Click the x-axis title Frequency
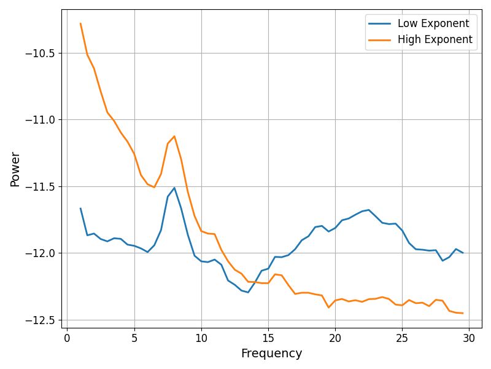[x=271, y=354]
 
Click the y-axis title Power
[x=15, y=169]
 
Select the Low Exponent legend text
[x=433, y=24]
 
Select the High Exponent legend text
[x=435, y=40]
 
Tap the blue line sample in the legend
[x=380, y=24]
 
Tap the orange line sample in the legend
[x=380, y=40]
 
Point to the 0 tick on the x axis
[x=68, y=338]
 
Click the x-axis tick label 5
[x=134, y=338]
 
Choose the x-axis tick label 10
[x=201, y=338]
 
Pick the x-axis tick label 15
[x=268, y=338]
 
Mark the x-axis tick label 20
[x=335, y=338]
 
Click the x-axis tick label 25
[x=402, y=338]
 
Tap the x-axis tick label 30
[x=469, y=338]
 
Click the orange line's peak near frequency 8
[x=174, y=136]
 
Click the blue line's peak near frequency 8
[x=174, y=188]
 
